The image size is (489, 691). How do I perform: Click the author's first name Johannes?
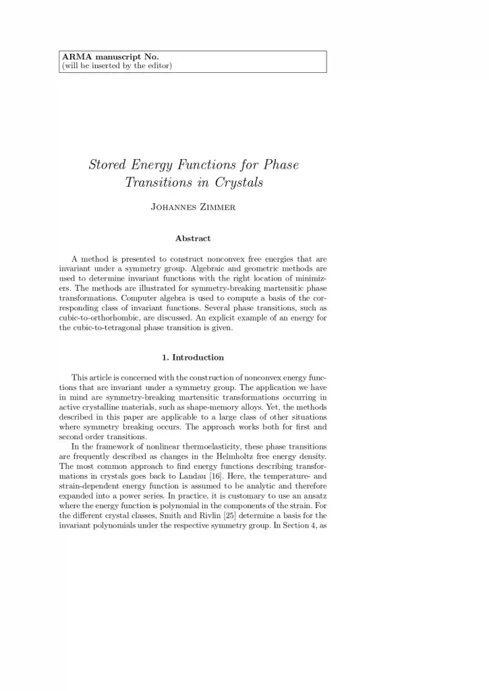(172, 206)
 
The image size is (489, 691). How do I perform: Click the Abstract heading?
(193, 238)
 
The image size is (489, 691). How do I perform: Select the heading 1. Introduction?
(193, 357)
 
